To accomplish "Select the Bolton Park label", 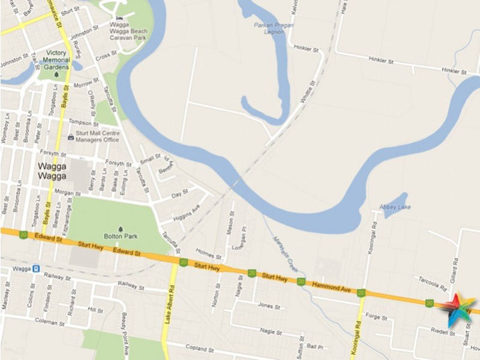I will coord(122,236).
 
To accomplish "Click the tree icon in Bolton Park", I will coord(121,229).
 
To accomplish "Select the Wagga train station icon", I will coord(36,269).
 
